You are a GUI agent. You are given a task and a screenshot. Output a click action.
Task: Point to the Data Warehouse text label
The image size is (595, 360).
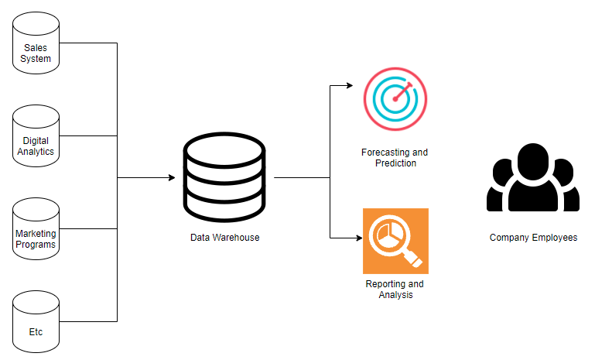click(224, 238)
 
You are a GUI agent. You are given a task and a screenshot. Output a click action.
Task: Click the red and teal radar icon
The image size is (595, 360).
click(395, 99)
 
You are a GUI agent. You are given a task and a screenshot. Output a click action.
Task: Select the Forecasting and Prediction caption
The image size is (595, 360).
click(395, 158)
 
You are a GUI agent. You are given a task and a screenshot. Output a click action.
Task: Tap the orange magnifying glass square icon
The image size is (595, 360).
click(395, 241)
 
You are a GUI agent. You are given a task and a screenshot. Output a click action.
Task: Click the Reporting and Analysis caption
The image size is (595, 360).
click(395, 290)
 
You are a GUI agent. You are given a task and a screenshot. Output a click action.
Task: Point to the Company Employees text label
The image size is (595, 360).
click(533, 238)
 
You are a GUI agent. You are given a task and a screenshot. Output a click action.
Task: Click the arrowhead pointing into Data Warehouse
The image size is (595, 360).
click(172, 178)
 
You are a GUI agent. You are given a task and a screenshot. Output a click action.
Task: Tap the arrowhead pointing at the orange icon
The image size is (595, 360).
click(357, 238)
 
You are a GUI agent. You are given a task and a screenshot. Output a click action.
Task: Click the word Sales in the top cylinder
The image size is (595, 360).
click(36, 48)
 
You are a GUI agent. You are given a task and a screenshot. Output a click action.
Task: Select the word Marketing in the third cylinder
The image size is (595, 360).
click(36, 235)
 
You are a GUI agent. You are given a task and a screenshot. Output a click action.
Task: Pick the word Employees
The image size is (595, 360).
click(555, 238)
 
